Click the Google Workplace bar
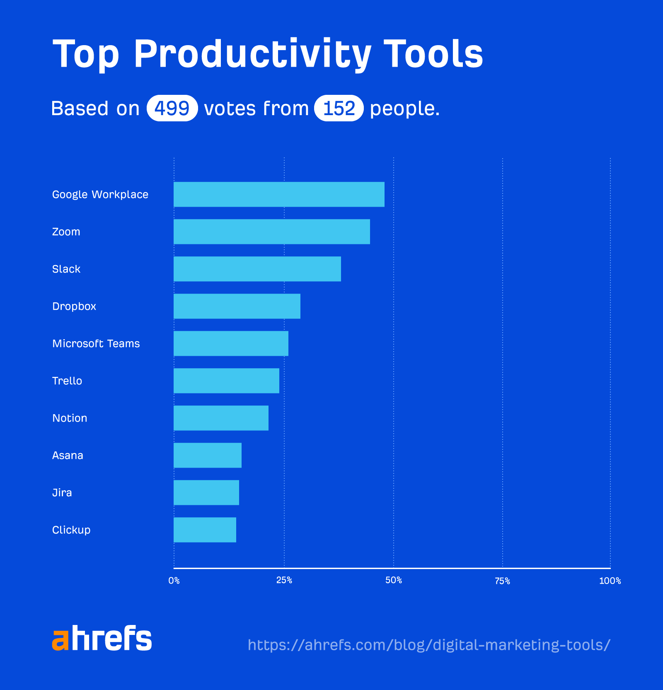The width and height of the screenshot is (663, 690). click(x=279, y=194)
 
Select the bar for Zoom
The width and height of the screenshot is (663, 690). click(x=272, y=232)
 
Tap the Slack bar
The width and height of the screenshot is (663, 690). click(x=257, y=269)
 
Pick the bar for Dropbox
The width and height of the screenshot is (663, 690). click(x=237, y=306)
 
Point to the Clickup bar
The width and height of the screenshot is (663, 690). click(x=205, y=530)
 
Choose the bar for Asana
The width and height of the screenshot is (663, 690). click(x=208, y=455)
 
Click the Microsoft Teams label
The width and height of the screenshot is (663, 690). click(x=96, y=344)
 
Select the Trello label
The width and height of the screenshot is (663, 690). click(x=67, y=381)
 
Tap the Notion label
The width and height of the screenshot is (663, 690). click(x=70, y=418)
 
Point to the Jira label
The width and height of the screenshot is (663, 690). click(x=62, y=493)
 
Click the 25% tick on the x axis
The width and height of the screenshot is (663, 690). click(x=284, y=581)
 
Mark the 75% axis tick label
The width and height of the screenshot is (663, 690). click(x=502, y=581)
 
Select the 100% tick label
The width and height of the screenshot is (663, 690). click(x=610, y=581)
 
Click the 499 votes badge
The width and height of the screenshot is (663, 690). click(x=172, y=109)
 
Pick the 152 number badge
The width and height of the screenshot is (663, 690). click(x=339, y=109)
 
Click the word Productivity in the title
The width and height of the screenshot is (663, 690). click(x=252, y=54)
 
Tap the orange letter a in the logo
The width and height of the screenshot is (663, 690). click(x=60, y=640)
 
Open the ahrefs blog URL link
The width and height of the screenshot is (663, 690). click(x=429, y=645)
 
